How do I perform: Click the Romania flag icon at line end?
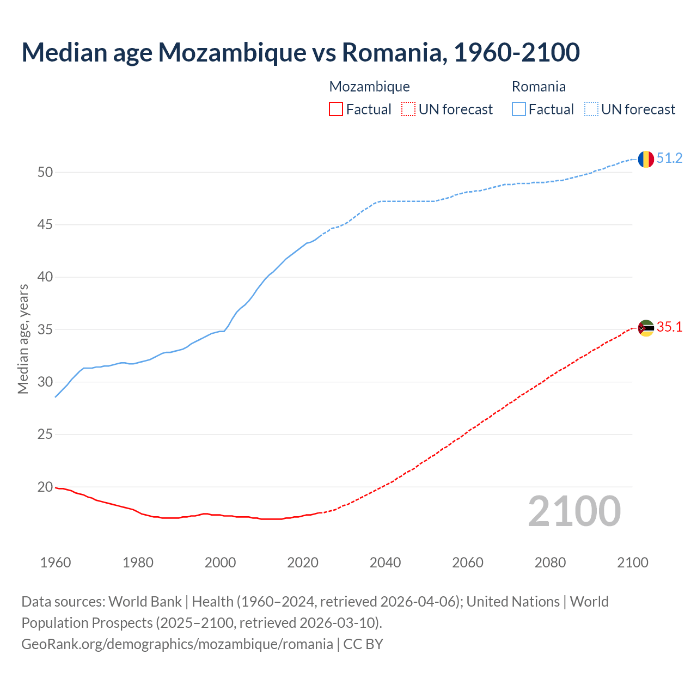coord(646,159)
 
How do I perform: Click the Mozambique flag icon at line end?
coord(646,328)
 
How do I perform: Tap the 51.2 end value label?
coord(669,158)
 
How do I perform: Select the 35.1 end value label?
coord(669,327)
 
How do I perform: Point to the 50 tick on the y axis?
coord(45,173)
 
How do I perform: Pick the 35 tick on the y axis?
coord(45,330)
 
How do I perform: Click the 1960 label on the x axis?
coord(56,563)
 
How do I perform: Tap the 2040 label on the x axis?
coord(385,563)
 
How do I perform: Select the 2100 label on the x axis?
coord(632,563)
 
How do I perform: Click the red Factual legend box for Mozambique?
coord(336,109)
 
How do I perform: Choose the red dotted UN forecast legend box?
coord(408,109)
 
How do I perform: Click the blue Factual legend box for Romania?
coord(519,109)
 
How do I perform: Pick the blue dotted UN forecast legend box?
coord(591,109)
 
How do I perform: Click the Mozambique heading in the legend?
coord(369,87)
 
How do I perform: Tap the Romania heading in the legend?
coord(539,87)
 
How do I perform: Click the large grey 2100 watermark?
coord(574,511)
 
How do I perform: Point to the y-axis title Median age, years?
coord(23,339)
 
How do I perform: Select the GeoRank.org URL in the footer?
coord(177,644)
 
